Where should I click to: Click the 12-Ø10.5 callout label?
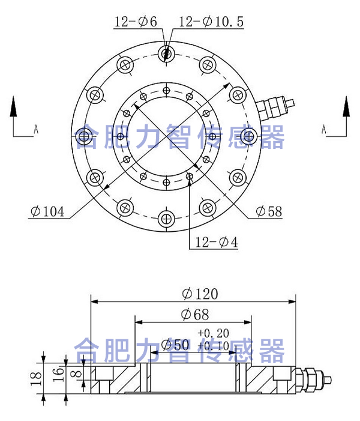211,22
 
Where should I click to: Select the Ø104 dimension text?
49,212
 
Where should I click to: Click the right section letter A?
324,129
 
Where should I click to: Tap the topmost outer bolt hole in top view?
167,54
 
